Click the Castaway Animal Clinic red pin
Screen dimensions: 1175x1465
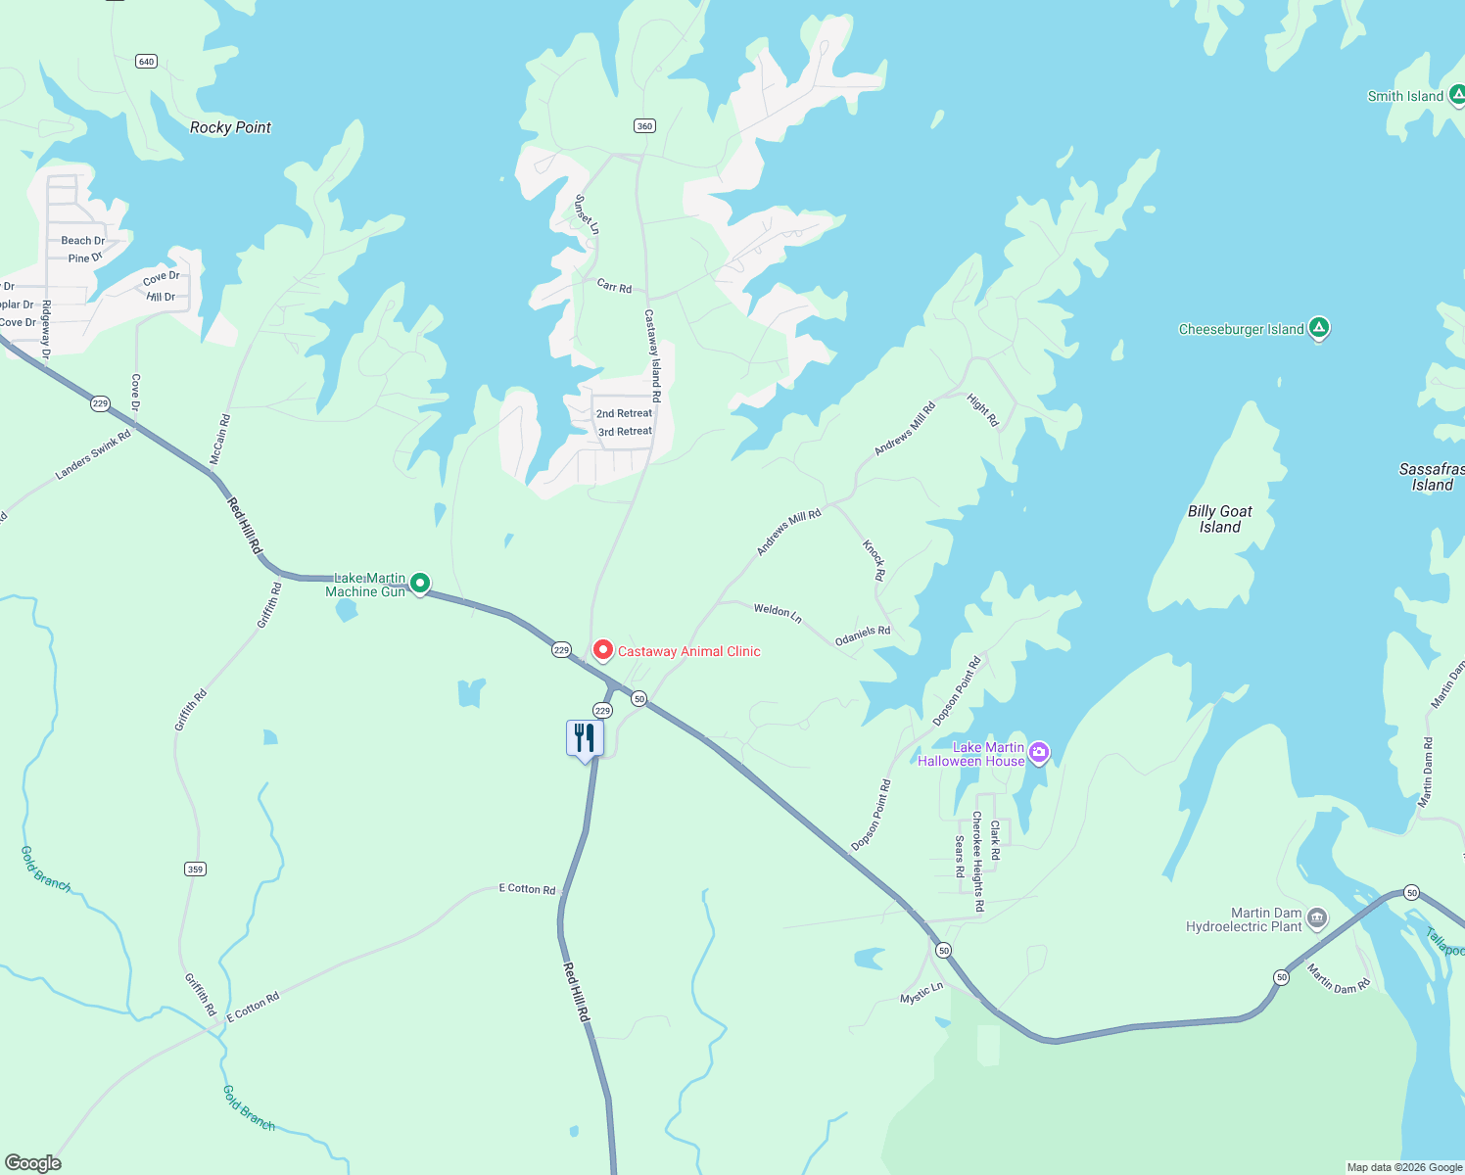pyautogui.click(x=603, y=650)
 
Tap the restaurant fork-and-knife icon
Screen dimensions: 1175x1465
pyautogui.click(x=585, y=737)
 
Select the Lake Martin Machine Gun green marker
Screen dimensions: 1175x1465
pyautogui.click(x=420, y=584)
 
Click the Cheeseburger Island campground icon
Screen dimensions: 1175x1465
pyautogui.click(x=1319, y=328)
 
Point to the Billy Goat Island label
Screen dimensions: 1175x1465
pyautogui.click(x=1219, y=519)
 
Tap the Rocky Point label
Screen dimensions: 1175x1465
pyautogui.click(x=230, y=127)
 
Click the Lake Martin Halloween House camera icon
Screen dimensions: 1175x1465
pyautogui.click(x=1039, y=753)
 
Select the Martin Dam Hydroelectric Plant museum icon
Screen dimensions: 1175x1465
pyautogui.click(x=1317, y=917)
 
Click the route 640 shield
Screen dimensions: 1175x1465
pyautogui.click(x=146, y=62)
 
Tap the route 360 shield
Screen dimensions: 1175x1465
pyautogui.click(x=644, y=126)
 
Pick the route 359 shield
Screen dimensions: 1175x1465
pyautogui.click(x=195, y=869)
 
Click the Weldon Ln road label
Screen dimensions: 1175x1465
pyautogui.click(x=778, y=613)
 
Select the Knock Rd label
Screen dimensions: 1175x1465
pyautogui.click(x=874, y=559)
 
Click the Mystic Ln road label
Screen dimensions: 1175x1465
pyautogui.click(x=922, y=993)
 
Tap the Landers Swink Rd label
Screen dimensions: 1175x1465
pyautogui.click(x=93, y=455)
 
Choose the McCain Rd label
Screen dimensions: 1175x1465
pyautogui.click(x=220, y=439)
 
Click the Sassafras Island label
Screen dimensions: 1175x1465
pyautogui.click(x=1432, y=477)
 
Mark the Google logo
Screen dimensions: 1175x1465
pyautogui.click(x=32, y=1163)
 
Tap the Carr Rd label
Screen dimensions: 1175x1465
pyautogui.click(x=614, y=286)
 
